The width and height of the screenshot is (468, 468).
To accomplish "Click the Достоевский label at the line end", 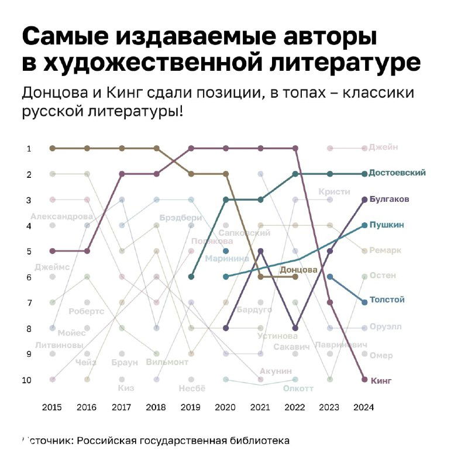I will [x=397, y=173].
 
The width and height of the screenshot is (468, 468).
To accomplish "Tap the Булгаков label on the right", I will [x=389, y=199].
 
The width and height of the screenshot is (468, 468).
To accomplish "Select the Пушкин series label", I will [x=387, y=225].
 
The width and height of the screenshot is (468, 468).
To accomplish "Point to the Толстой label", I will [x=387, y=300].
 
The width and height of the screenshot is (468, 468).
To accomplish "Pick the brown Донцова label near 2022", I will [x=298, y=270].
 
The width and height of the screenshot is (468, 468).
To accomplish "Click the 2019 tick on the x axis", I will [x=191, y=407].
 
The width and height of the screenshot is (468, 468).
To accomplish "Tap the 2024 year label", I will [x=364, y=407].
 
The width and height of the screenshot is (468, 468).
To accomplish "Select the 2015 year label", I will [x=52, y=407].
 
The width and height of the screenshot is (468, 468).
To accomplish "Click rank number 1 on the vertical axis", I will [x=29, y=149].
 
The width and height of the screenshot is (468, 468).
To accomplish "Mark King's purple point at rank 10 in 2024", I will [x=364, y=380].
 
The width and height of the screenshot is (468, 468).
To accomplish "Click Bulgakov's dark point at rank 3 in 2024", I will [x=364, y=199].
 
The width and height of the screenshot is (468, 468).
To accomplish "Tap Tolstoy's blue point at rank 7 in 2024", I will [x=364, y=302].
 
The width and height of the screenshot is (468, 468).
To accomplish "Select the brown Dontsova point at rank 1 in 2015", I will [x=53, y=149].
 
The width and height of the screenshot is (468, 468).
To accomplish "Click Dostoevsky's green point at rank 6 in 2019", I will [x=191, y=277].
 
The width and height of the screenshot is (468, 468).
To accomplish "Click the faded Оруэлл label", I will [x=386, y=327].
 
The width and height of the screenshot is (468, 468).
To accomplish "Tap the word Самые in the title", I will [x=63, y=38].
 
